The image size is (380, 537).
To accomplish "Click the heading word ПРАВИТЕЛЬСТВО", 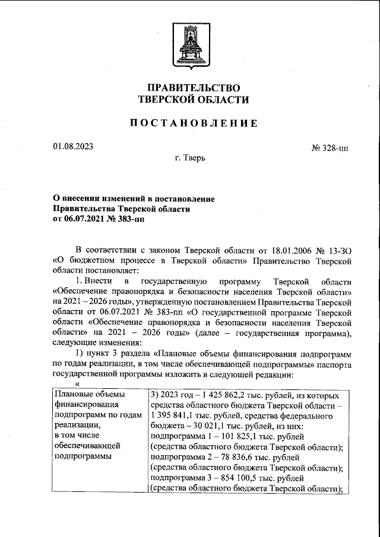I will tap(189, 88).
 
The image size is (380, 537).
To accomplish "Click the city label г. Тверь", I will tap(190, 159).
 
